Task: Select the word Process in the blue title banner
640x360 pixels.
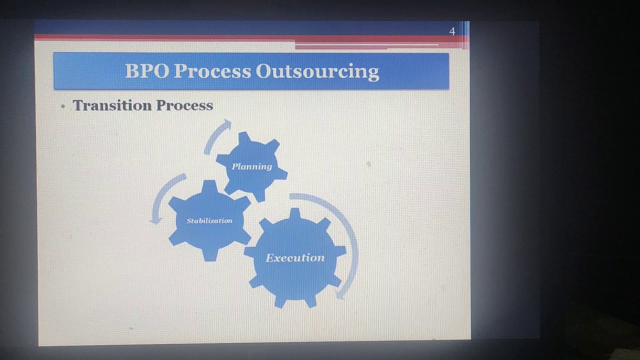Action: pyautogui.click(x=212, y=71)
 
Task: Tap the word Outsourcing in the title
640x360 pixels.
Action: pyautogui.click(x=317, y=71)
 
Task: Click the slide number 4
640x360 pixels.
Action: pyautogui.click(x=452, y=31)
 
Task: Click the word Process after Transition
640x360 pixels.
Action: pyautogui.click(x=184, y=105)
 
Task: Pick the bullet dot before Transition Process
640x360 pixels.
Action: pyautogui.click(x=63, y=106)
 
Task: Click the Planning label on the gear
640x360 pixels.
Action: pyautogui.click(x=251, y=166)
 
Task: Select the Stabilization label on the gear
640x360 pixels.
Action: pyautogui.click(x=209, y=220)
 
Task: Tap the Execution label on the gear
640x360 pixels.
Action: pyautogui.click(x=295, y=258)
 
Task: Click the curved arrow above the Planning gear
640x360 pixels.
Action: pyautogui.click(x=215, y=136)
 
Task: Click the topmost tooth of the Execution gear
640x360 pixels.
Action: pyautogui.click(x=295, y=214)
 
